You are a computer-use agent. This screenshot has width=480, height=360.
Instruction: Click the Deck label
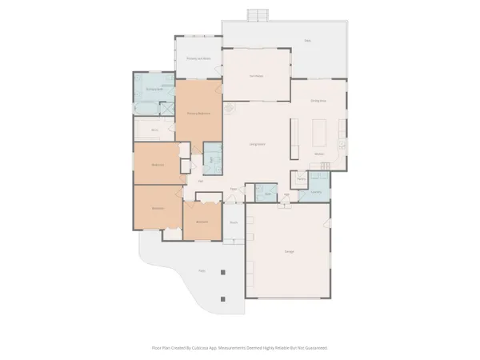point(307,40)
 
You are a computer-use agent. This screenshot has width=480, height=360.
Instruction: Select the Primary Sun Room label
point(198,58)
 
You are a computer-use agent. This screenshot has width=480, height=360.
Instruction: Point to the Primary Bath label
point(154,90)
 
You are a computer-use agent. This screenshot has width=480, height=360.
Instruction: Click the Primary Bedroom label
point(198,113)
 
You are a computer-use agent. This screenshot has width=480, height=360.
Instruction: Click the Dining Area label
point(318,102)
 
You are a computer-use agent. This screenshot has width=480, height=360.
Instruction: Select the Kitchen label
point(318,153)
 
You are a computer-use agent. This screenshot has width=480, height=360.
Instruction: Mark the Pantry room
point(301,179)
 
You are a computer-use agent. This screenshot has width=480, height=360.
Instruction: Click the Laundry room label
point(316,192)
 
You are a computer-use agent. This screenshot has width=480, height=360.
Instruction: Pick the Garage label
point(288,251)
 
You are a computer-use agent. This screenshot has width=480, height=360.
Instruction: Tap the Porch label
point(234,222)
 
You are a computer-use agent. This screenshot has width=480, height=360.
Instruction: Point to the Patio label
point(202,270)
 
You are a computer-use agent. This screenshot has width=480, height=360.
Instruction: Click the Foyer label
point(234,189)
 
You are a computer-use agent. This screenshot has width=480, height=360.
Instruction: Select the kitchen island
point(322,130)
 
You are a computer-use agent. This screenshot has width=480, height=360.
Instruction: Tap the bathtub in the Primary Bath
point(145,104)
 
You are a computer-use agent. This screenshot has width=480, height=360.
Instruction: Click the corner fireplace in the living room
point(229,107)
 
